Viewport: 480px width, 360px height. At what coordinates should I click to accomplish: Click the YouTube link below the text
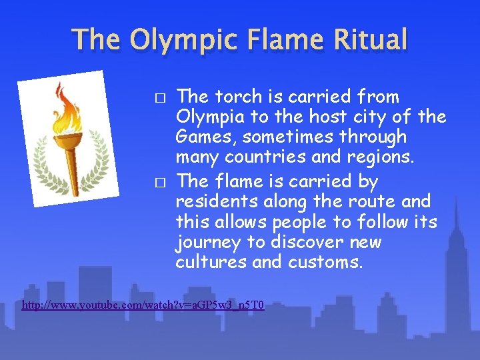click(x=143, y=305)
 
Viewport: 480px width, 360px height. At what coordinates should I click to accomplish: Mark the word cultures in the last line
click(x=211, y=262)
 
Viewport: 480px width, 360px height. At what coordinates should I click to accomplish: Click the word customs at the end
click(x=325, y=262)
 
